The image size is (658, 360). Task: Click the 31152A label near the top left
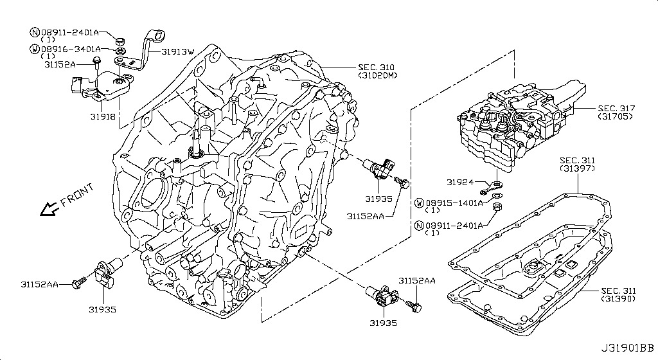[60, 64]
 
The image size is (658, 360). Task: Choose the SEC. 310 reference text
[376, 67]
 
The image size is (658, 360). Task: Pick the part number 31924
[459, 182]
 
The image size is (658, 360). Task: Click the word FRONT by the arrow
[76, 195]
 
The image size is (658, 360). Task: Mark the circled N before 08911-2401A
[35, 32]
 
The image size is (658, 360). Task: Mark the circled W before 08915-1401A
[420, 203]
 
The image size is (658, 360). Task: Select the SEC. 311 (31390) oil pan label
[618, 295]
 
